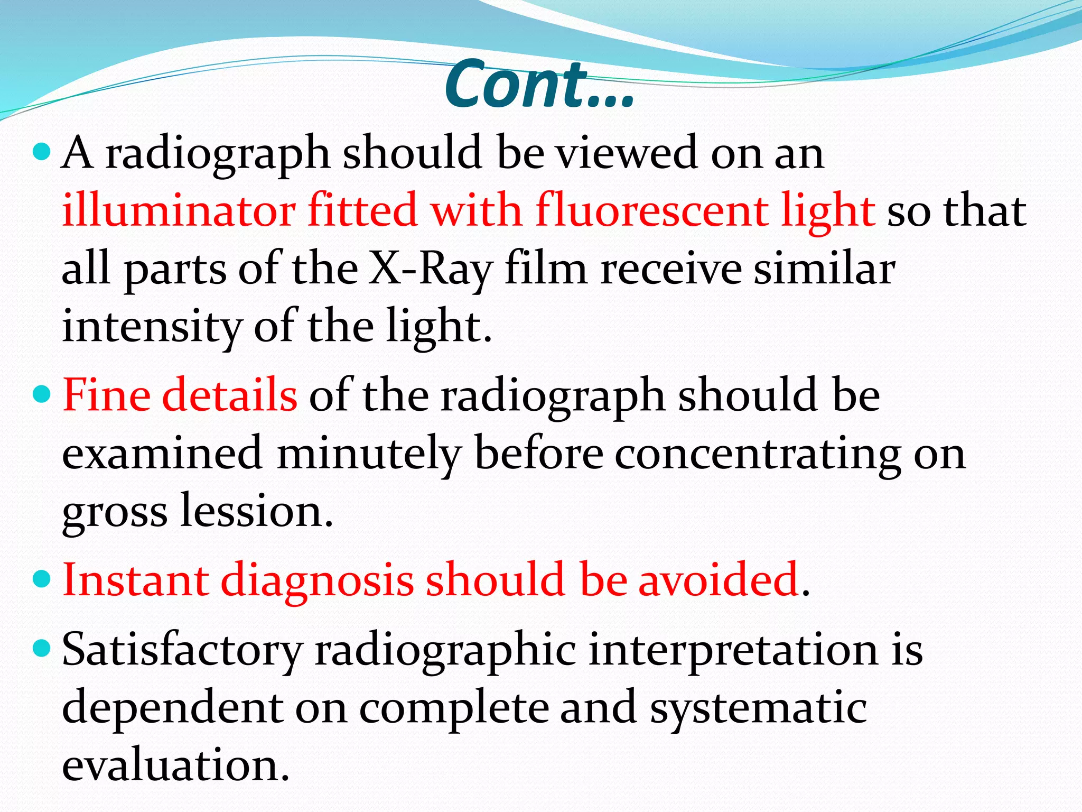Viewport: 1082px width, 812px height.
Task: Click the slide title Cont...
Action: point(539,85)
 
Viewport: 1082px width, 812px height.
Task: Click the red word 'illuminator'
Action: point(178,210)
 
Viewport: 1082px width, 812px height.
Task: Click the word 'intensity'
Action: point(151,327)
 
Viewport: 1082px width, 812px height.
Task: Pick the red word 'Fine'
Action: point(106,395)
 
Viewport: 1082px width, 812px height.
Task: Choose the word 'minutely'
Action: point(369,454)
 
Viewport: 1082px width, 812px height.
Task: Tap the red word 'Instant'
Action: point(135,580)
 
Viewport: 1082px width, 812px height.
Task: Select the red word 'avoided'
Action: point(719,580)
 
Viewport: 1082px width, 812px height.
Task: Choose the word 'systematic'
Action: point(758,707)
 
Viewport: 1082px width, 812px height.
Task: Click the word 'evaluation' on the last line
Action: point(175,765)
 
